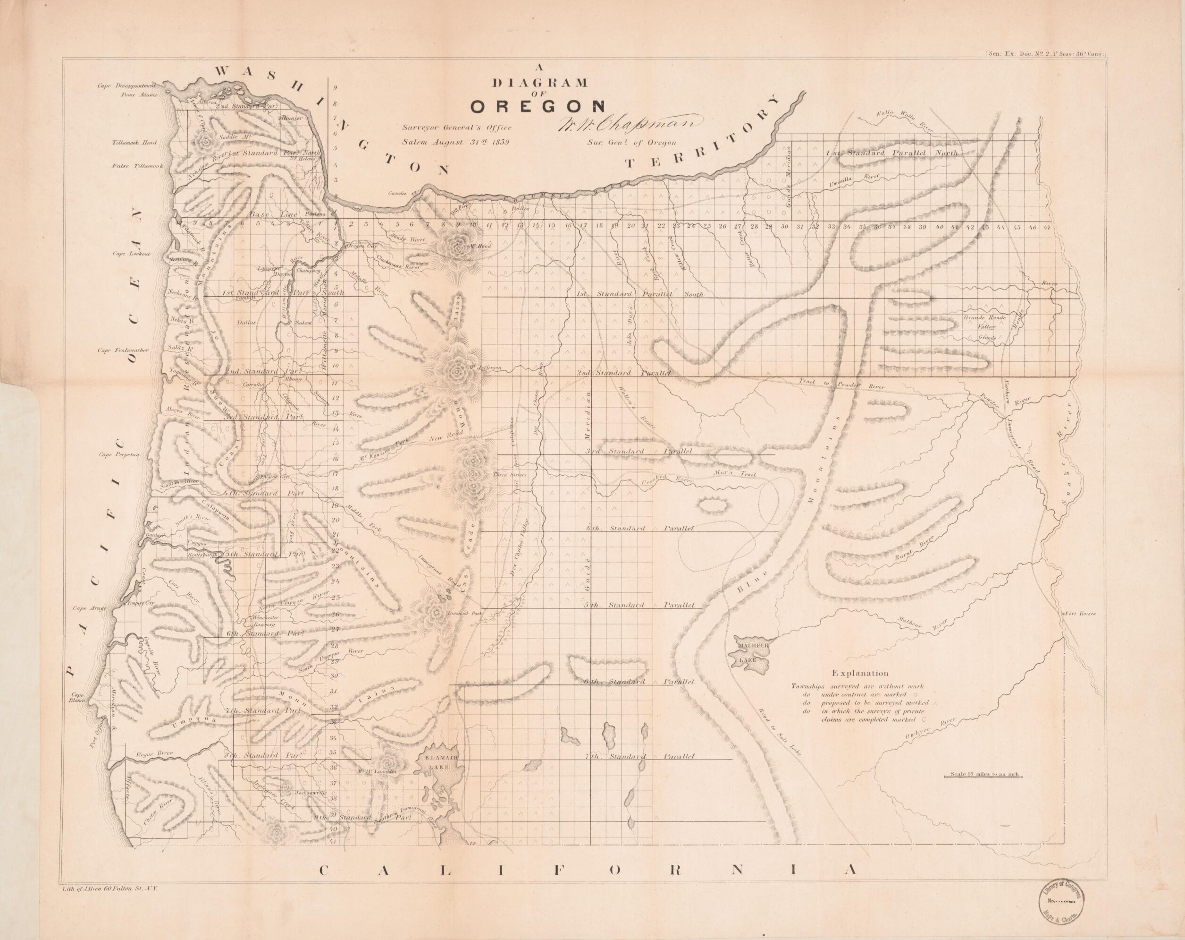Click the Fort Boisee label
click(1081, 613)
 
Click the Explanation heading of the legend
click(860, 673)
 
